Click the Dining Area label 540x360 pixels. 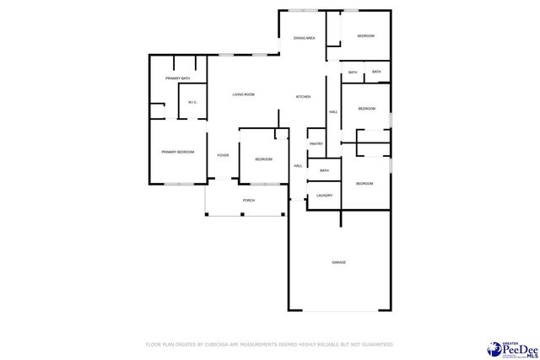(304, 38)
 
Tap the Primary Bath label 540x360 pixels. (178, 78)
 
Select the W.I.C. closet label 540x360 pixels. (192, 102)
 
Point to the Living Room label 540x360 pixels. (244, 94)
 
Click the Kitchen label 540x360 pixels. (303, 97)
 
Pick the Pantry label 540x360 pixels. (316, 144)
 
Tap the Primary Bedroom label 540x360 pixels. (178, 152)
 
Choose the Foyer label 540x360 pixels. (223, 155)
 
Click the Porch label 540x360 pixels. (249, 201)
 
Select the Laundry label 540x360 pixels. (324, 196)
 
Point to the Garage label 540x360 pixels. (338, 262)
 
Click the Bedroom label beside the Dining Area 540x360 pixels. (366, 36)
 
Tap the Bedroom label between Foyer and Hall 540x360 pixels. (263, 159)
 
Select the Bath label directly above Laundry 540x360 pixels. (324, 171)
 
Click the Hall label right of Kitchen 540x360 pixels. (333, 112)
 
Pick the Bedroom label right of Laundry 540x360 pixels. (364, 184)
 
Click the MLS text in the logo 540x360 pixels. (522, 356)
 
